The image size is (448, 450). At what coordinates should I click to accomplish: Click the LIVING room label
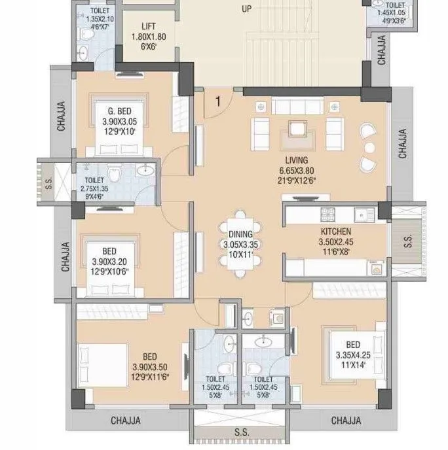tap(296, 160)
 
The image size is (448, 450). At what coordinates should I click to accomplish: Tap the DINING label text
tap(236, 234)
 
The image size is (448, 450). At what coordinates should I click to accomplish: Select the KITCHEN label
tap(335, 232)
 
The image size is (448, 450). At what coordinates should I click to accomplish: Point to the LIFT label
tap(149, 27)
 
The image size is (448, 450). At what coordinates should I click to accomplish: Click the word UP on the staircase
tap(246, 10)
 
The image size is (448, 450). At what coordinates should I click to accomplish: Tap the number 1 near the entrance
tap(216, 101)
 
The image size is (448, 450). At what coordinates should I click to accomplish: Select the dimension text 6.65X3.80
tap(296, 171)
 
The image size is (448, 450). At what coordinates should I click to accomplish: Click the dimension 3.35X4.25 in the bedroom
tap(352, 356)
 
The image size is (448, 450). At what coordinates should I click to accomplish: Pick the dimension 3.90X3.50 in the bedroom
tap(149, 367)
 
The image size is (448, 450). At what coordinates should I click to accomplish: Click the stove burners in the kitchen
tap(327, 214)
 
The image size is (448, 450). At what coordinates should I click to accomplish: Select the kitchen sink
tap(362, 213)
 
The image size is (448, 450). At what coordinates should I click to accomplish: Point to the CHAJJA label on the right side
tap(402, 143)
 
